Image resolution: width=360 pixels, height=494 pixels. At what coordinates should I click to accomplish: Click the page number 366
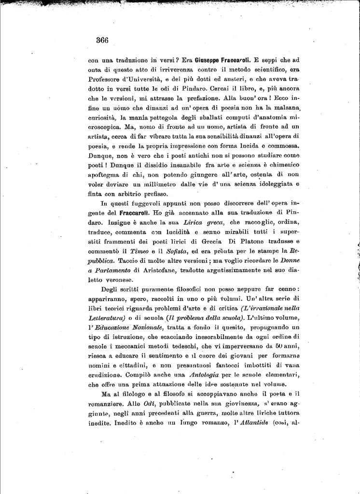pyautogui.click(x=102, y=40)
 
